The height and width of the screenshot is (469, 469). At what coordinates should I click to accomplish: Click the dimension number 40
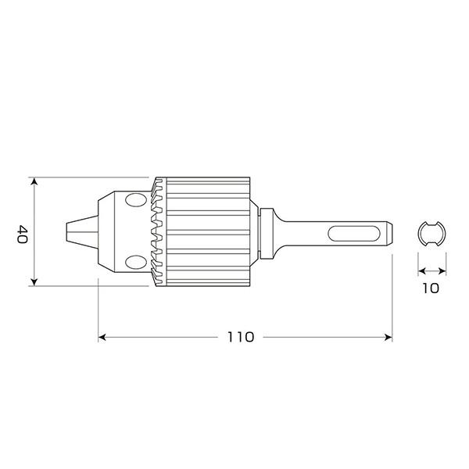23,234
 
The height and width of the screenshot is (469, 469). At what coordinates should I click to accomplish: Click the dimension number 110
241,337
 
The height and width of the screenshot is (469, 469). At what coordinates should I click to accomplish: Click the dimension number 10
431,288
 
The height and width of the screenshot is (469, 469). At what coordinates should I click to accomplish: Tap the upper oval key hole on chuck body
136,200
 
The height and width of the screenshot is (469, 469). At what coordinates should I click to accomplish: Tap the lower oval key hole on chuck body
136,263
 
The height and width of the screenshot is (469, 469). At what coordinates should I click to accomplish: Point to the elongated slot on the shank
354,234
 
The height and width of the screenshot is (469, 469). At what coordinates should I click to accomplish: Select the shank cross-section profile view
431,234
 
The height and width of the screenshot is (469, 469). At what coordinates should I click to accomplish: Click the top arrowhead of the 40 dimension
34,181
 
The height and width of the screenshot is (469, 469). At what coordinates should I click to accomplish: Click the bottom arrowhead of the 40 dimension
34,281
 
